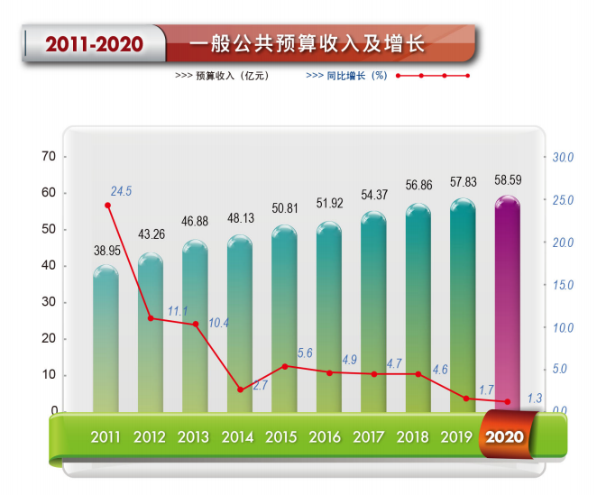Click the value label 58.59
pyautogui.click(x=508, y=180)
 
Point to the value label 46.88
pyautogui.click(x=196, y=222)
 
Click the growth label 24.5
pyautogui.click(x=122, y=191)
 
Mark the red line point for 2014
pyautogui.click(x=240, y=390)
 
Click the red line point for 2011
pyautogui.click(x=107, y=206)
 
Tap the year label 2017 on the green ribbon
pyautogui.click(x=369, y=437)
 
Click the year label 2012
pyautogui.click(x=150, y=437)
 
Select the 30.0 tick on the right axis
pyautogui.click(x=563, y=158)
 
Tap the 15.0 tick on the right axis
pyautogui.click(x=563, y=285)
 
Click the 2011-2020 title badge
pyautogui.click(x=95, y=44)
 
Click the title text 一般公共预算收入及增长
pyautogui.click(x=307, y=44)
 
